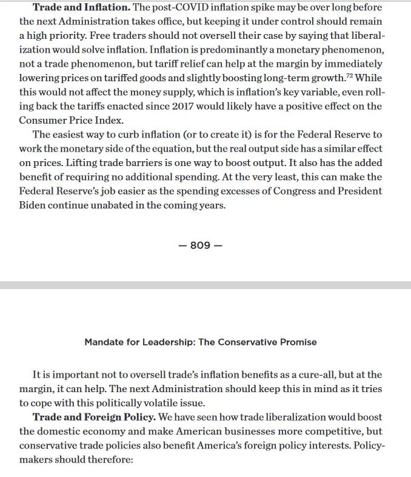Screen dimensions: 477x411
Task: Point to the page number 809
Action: pyautogui.click(x=200, y=245)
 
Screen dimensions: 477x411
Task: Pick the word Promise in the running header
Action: pyautogui.click(x=297, y=342)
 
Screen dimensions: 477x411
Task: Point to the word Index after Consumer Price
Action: pyautogui.click(x=122, y=120)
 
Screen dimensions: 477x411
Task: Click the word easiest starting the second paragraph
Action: pyautogui.click(x=75, y=135)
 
